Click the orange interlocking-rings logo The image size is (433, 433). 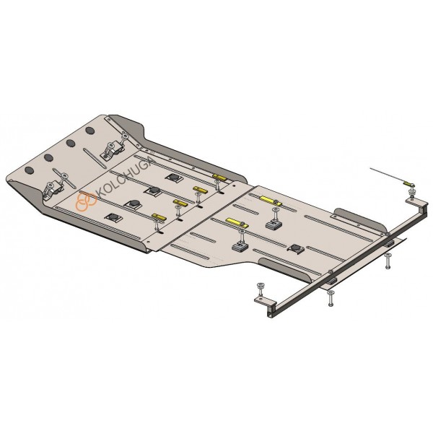[86, 201]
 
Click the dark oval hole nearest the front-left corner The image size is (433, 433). [30, 170]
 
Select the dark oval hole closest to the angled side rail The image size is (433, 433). [89, 131]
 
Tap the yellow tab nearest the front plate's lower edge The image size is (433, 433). [159, 218]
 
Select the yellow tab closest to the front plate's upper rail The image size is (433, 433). [220, 177]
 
